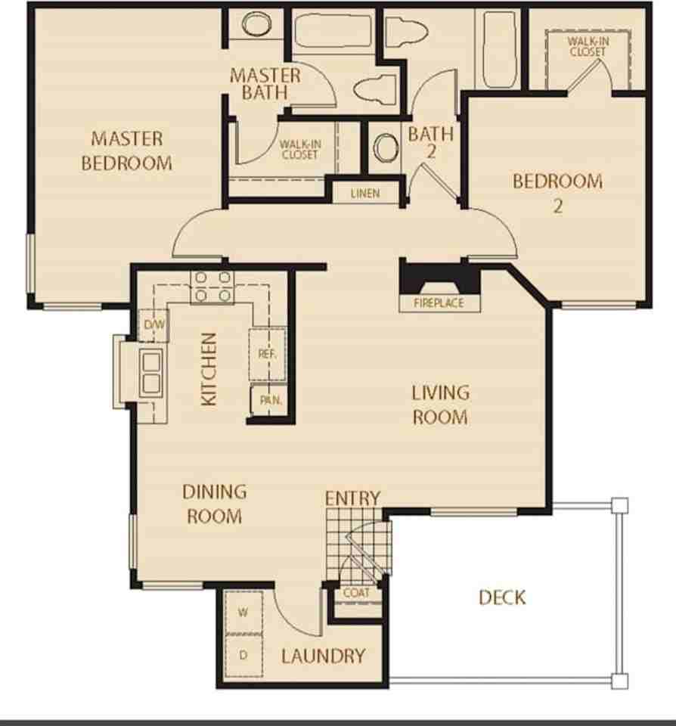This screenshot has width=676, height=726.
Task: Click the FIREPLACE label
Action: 439,303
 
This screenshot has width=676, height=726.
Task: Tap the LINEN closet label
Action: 365,193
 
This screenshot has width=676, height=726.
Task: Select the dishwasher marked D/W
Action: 154,324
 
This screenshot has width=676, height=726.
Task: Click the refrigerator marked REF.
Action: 268,354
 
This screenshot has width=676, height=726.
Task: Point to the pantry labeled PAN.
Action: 271,400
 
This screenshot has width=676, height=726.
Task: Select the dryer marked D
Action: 243,655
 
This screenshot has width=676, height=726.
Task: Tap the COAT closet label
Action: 356,593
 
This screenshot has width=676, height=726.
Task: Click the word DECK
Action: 502,597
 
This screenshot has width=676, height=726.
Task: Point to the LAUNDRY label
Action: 323,656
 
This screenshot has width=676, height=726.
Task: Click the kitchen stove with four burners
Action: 212,287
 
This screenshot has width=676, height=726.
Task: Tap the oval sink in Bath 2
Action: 386,148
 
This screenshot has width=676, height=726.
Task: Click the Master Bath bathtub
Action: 333,30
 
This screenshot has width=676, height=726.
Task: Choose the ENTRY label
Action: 353,498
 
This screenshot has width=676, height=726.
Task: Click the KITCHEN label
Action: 209,369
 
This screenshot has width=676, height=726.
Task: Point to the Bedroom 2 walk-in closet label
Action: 588,46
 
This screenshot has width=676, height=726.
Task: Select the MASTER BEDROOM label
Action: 126,151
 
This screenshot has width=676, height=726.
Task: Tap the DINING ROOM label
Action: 215,504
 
